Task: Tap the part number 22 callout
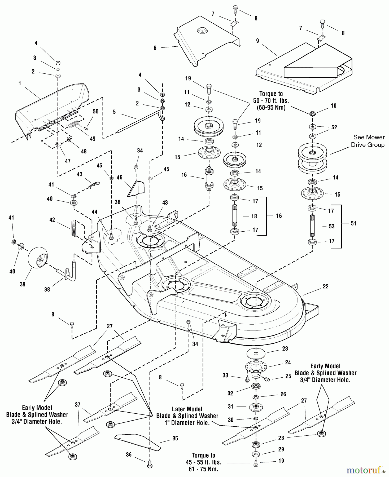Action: click(325, 286)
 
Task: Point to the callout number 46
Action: click(119, 178)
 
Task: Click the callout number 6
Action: click(155, 48)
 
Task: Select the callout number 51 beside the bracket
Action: click(353, 223)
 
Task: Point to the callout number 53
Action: click(331, 226)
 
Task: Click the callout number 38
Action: click(47, 289)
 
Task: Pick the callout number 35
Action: click(175, 439)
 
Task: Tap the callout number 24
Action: click(288, 362)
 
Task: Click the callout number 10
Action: click(333, 106)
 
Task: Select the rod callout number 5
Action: click(114, 112)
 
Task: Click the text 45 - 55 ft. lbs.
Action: click(203, 462)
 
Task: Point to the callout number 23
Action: click(285, 349)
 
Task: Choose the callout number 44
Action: click(94, 212)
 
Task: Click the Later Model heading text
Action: click(187, 409)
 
